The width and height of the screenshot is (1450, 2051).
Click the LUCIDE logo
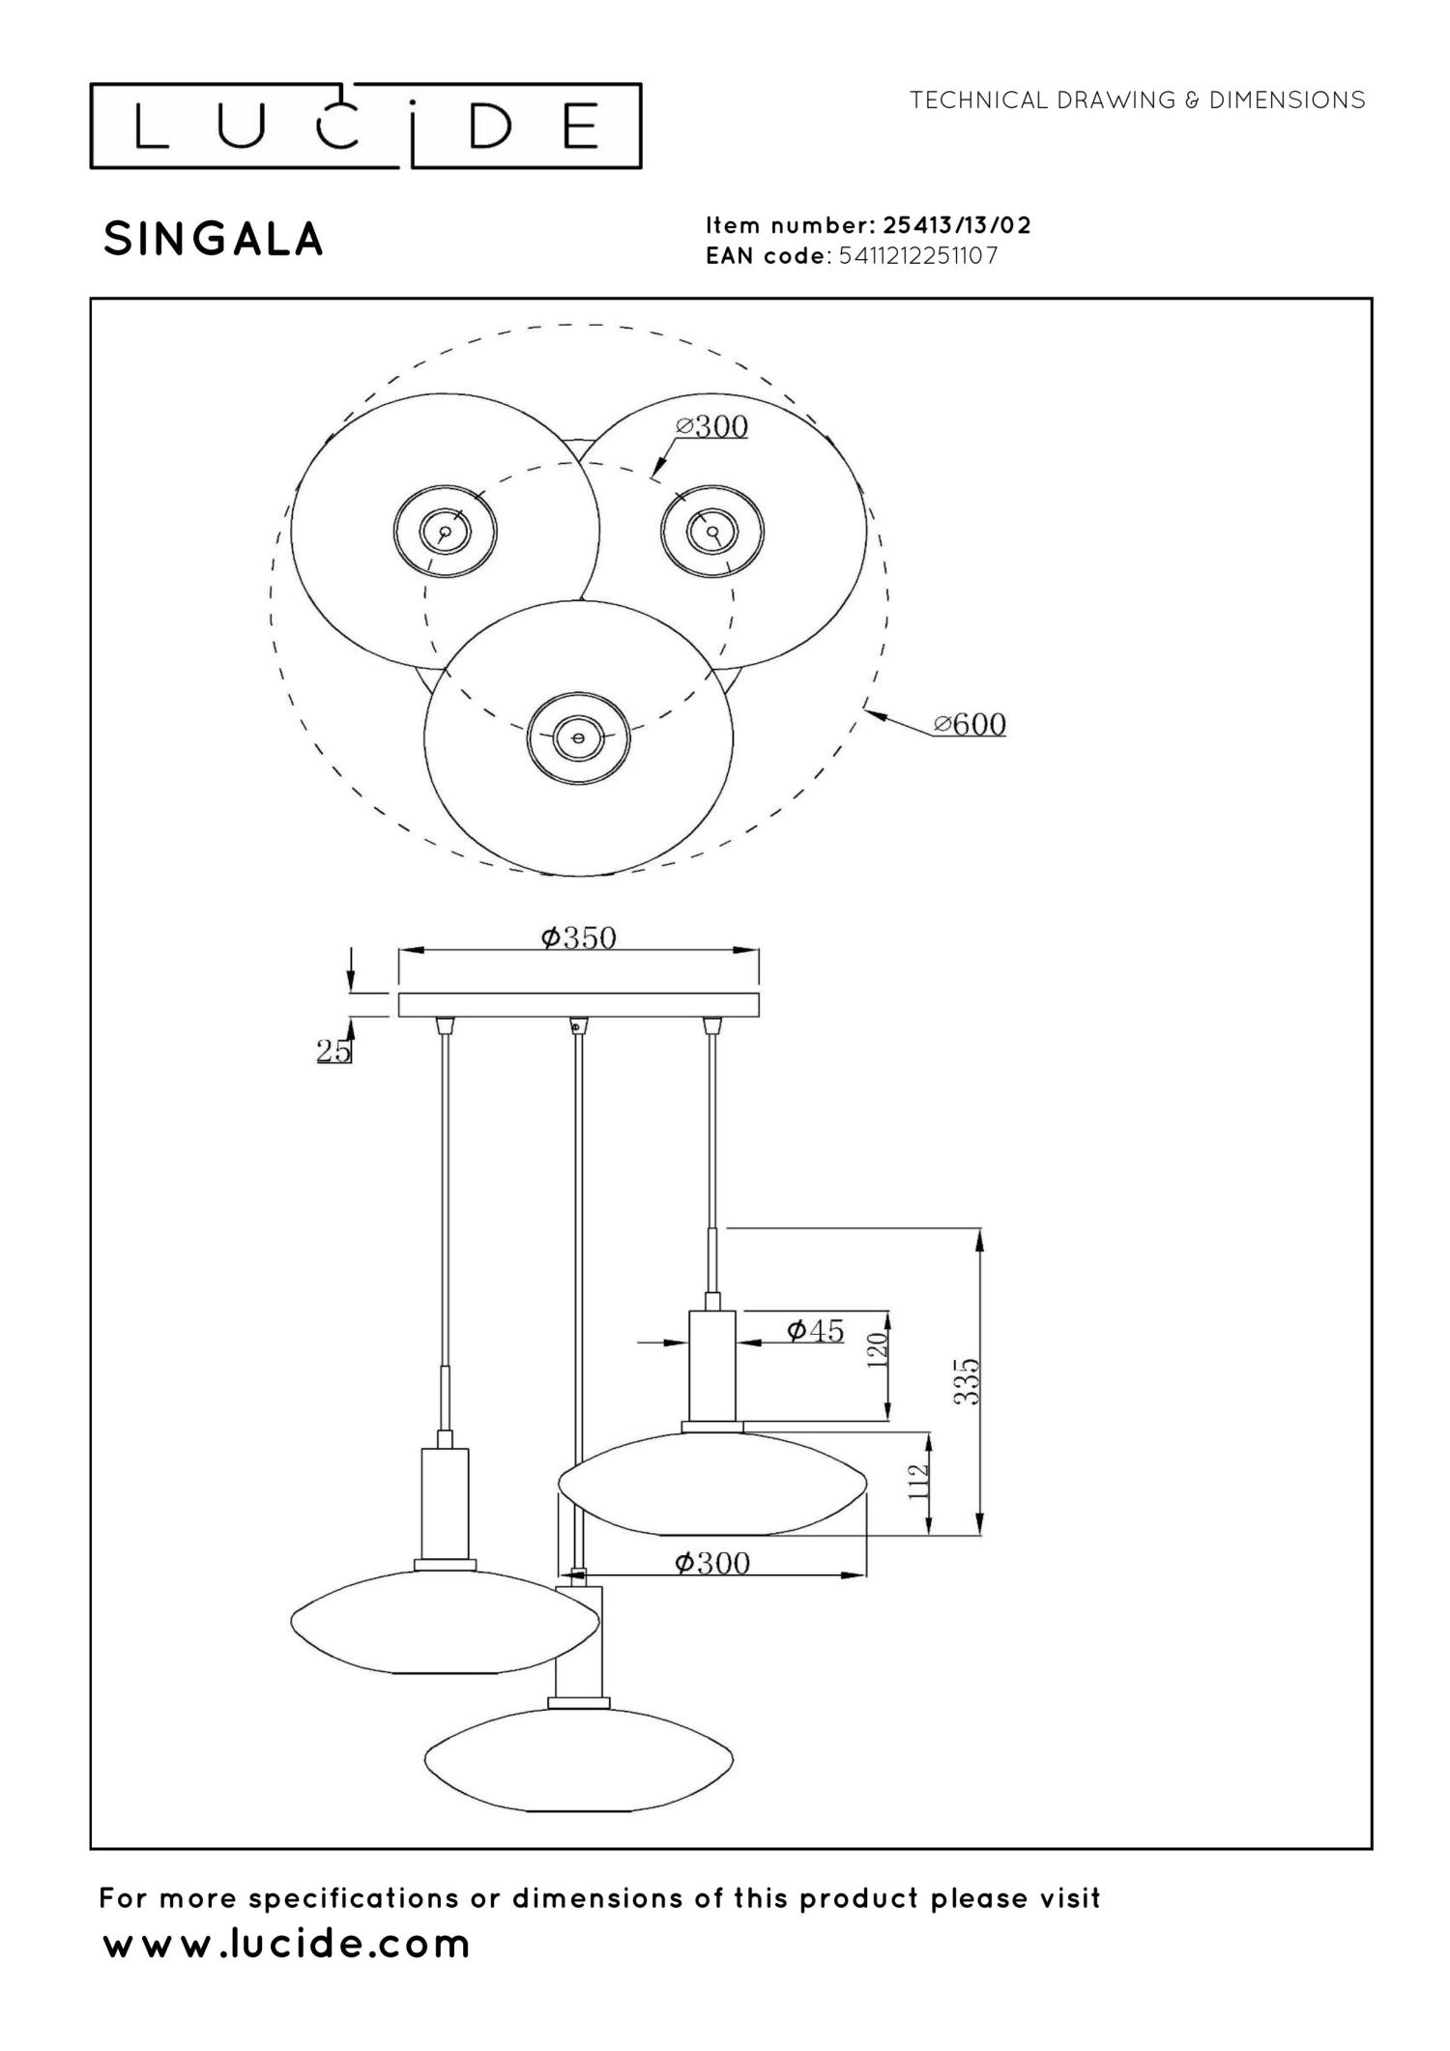coord(365,126)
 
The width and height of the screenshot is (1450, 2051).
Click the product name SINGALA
coord(214,240)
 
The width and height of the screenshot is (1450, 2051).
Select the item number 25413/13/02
coord(957,225)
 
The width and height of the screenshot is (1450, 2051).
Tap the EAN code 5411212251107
coord(918,256)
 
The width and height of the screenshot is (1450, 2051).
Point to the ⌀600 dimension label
coord(970,724)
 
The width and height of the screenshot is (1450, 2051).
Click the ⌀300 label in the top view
coord(711,426)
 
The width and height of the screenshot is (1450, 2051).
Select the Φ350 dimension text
coord(578,937)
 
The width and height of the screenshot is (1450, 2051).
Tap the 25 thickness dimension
coord(333,1051)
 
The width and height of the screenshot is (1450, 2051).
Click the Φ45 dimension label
coord(816,1331)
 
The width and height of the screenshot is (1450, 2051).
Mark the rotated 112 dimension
coord(918,1480)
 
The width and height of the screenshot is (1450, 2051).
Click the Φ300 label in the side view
coord(712,1563)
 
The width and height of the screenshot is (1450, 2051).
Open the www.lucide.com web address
coord(286,1943)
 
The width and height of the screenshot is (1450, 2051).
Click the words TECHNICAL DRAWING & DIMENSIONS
coord(1138,100)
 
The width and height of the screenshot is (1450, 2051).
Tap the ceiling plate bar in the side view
coord(579,1004)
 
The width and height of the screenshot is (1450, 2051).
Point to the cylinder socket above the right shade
coord(712,1366)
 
